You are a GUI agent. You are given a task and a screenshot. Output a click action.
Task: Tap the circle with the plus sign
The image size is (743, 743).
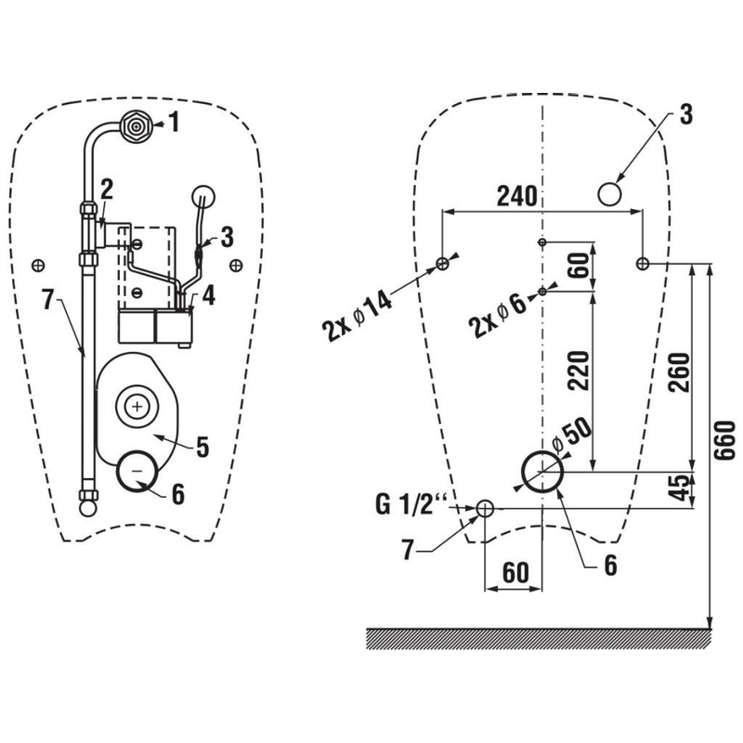(138, 406)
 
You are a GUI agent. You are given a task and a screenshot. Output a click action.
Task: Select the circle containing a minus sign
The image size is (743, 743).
(137, 470)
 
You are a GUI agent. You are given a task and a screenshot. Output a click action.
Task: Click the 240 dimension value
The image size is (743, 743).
(517, 196)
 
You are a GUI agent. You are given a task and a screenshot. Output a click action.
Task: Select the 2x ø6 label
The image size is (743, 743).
(502, 316)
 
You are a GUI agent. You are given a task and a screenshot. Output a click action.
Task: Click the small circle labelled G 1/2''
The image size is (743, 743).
(485, 508)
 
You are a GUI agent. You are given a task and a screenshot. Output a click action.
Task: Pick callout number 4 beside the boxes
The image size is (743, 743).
(209, 296)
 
